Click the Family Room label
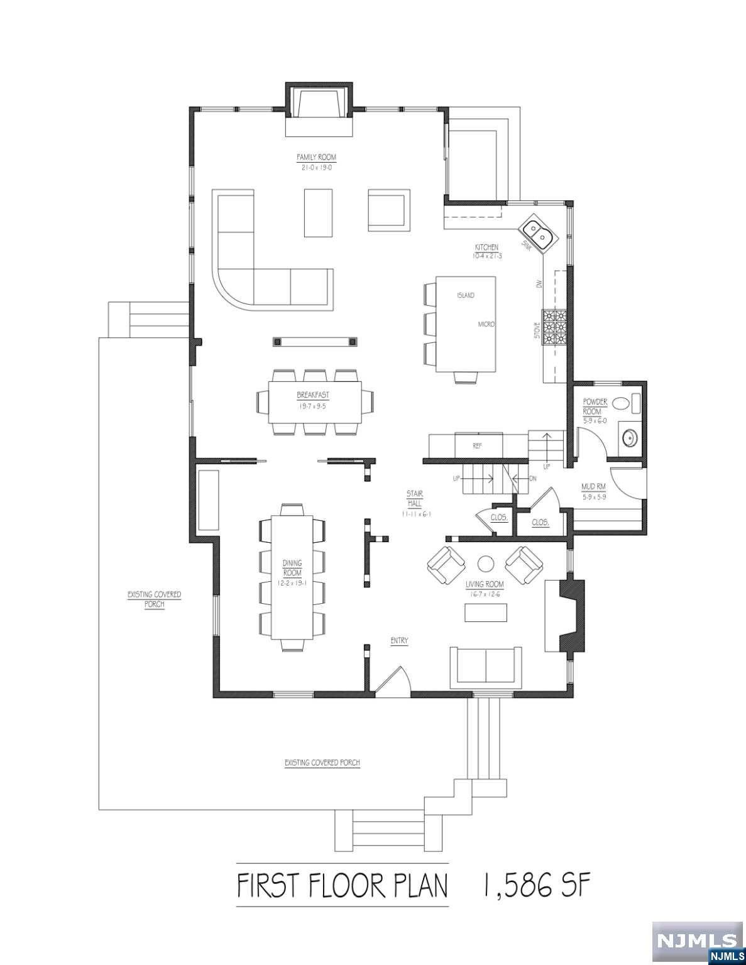[x=317, y=157]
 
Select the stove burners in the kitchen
[x=554, y=327]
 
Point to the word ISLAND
[x=466, y=295]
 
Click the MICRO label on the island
[x=486, y=324]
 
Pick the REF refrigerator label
[x=477, y=445]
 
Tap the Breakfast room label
[x=313, y=395]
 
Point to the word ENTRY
[x=399, y=641]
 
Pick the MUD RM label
[x=593, y=487]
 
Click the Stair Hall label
[x=414, y=499]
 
